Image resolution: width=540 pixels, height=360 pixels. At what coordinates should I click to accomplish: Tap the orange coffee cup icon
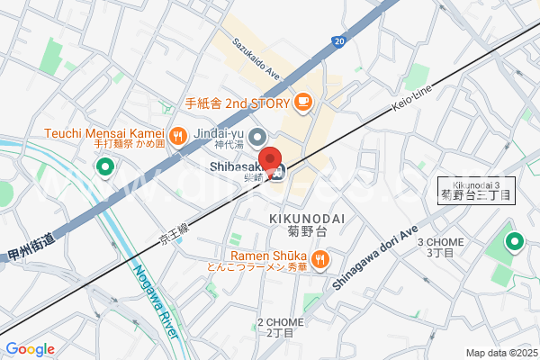(303, 103)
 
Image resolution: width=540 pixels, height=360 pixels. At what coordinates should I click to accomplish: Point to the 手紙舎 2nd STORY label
(237, 103)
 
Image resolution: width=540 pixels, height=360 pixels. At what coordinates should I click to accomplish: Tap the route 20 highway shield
(338, 40)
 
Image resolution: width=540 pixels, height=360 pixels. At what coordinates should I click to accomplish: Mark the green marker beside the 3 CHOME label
(515, 241)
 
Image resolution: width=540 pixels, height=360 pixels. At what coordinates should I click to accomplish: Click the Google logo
(30, 348)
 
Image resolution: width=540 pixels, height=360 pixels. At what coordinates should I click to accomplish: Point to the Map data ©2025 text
(500, 353)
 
